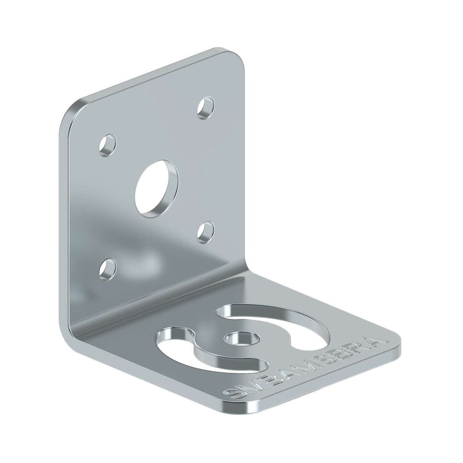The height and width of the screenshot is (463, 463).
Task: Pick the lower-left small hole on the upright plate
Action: click(107, 267)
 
